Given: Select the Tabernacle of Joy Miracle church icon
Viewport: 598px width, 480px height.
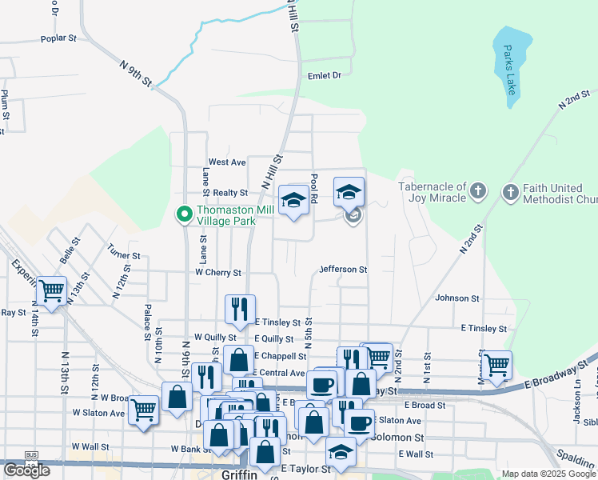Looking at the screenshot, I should point(478,191).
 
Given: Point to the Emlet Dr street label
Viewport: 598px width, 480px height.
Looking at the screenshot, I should point(325,75).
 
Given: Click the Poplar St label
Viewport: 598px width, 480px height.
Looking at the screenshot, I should point(58,38).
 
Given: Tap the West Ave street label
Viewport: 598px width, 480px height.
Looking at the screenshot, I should point(227,162).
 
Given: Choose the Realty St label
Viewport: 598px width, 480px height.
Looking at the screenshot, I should point(229,193).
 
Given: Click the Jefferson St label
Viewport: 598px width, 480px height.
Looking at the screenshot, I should point(343,270).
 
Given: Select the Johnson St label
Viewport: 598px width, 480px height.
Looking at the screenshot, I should point(456,298).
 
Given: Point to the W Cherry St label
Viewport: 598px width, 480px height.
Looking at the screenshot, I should point(218,273).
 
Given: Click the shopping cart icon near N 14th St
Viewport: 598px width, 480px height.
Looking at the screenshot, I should point(52,291).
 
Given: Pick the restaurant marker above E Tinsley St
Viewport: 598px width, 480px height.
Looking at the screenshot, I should point(240,309).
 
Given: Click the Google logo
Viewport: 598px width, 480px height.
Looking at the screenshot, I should point(26,470).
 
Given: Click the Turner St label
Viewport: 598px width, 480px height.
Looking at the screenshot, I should point(124,256).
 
